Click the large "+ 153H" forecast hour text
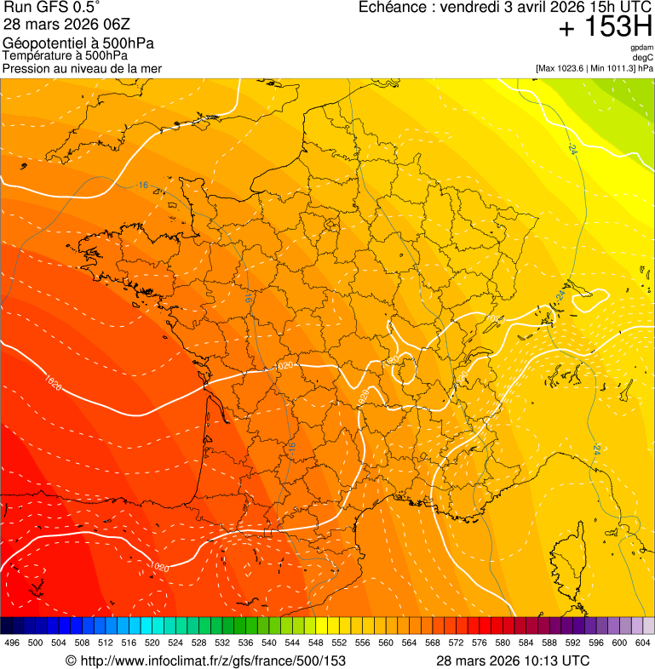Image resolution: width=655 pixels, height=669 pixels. pyautogui.click(x=606, y=28)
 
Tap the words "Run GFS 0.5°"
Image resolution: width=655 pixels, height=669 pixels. pyautogui.click(x=53, y=9)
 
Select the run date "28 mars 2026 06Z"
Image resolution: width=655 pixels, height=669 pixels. pyautogui.click(x=66, y=25)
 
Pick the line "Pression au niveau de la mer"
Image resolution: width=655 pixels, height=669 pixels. pyautogui.click(x=82, y=68)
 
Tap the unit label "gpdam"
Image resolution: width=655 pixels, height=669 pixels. pyautogui.click(x=641, y=48)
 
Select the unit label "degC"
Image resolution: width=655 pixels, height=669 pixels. pyautogui.click(x=643, y=57)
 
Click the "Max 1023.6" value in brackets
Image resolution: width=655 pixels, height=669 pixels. pyautogui.click(x=563, y=68)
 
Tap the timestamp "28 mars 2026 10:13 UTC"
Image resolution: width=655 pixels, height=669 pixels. pyautogui.click(x=512, y=660)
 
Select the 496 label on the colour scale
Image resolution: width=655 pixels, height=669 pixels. pyautogui.click(x=12, y=643)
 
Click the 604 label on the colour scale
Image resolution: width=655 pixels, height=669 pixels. pyautogui.click(x=643, y=643)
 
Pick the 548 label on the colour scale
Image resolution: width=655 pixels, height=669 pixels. pyautogui.click(x=315, y=643)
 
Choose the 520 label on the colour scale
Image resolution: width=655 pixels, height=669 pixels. pyautogui.click(x=152, y=643)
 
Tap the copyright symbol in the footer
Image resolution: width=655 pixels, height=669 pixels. pyautogui.click(x=71, y=660)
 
